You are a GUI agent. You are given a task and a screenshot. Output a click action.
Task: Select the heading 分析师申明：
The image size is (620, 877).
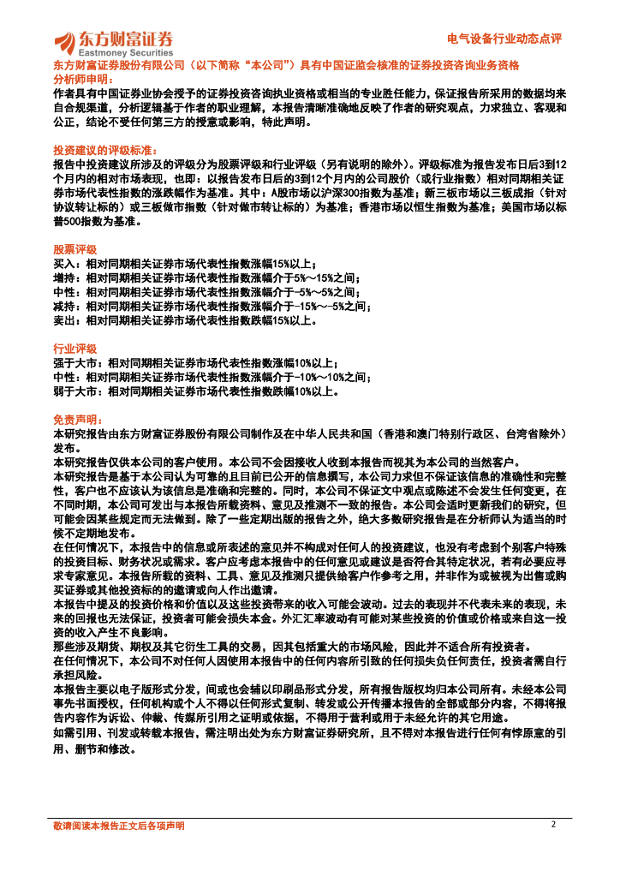click(83, 78)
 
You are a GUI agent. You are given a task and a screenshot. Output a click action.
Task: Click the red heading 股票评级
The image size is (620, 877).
click(75, 249)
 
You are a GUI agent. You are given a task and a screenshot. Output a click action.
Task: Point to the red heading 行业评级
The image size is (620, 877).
click(75, 349)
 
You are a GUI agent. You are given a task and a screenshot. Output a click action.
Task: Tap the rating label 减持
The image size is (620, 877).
click(63, 306)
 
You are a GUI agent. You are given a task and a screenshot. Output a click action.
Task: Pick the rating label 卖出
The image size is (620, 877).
click(63, 320)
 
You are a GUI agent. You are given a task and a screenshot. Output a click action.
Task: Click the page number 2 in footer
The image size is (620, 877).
click(553, 824)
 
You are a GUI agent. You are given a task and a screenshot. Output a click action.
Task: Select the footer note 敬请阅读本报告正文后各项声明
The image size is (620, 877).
click(118, 826)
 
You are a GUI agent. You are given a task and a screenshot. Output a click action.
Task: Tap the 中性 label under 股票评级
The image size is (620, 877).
click(63, 292)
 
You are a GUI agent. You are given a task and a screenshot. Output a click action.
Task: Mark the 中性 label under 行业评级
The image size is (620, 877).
click(63, 378)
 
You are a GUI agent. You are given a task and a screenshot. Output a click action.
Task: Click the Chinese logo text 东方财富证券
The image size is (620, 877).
click(126, 39)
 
